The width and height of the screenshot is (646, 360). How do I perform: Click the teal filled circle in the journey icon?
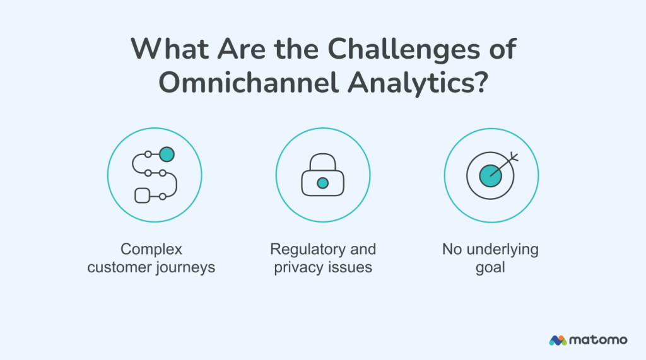click(x=167, y=154)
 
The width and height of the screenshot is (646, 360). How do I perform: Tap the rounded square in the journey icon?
click(x=142, y=195)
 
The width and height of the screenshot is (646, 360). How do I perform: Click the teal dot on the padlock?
click(x=322, y=183)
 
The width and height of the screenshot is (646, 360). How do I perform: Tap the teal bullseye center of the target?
click(x=490, y=176)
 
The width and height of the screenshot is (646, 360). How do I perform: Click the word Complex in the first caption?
click(x=151, y=249)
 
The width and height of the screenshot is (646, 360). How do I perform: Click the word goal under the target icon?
click(x=491, y=267)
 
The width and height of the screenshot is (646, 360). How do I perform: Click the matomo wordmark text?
click(x=599, y=340)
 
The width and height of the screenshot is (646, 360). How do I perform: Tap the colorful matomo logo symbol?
click(x=558, y=340)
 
